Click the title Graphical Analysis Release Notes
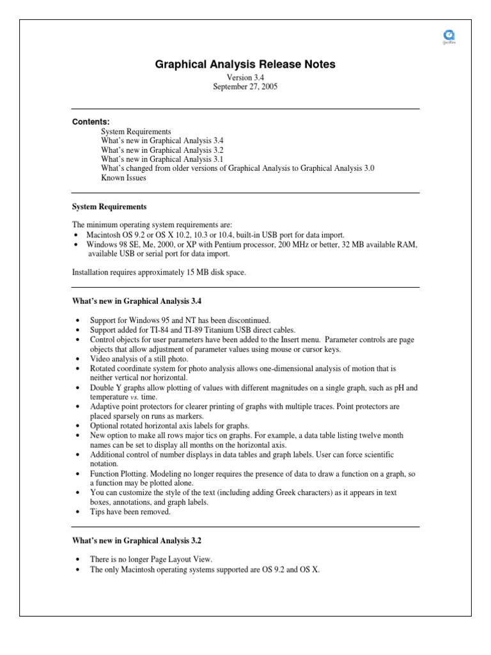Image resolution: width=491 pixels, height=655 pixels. click(x=245, y=64)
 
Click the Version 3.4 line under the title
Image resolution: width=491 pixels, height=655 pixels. click(x=245, y=77)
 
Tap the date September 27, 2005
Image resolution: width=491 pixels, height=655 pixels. click(x=245, y=86)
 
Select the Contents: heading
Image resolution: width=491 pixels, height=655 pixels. click(x=90, y=122)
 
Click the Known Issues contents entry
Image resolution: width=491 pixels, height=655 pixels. click(x=123, y=178)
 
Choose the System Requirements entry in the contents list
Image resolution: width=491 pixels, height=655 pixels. click(x=136, y=131)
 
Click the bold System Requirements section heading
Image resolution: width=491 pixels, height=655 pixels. click(x=109, y=207)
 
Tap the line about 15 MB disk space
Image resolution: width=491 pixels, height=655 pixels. click(x=159, y=272)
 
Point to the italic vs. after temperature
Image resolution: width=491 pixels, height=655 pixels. click(x=134, y=397)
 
